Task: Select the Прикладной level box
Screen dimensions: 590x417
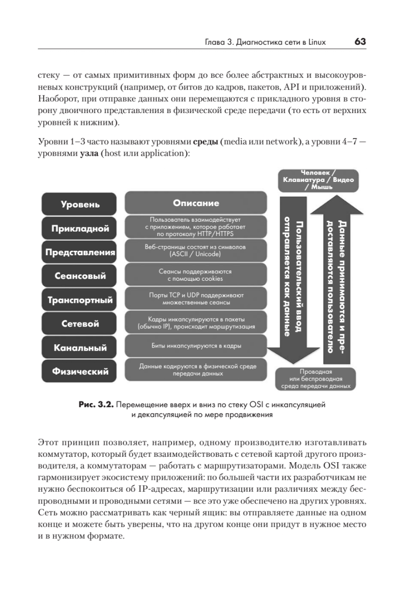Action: click(80, 229)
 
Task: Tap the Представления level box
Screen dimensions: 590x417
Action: click(80, 253)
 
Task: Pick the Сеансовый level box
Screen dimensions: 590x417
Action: click(80, 276)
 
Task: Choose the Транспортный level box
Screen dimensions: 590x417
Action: click(80, 300)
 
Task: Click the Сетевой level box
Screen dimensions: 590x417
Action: click(80, 324)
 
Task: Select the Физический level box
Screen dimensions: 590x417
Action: click(80, 372)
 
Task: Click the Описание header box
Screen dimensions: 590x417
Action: click(195, 203)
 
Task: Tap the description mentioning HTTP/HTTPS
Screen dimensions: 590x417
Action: click(195, 227)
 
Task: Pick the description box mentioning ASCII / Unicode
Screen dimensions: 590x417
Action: click(195, 251)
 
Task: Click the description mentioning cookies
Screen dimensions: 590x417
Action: click(195, 275)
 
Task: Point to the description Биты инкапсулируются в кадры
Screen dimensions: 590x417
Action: click(195, 346)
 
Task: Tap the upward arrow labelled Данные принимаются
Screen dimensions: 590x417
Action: click(336, 280)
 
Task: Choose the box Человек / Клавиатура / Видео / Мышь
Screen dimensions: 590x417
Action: click(318, 180)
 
